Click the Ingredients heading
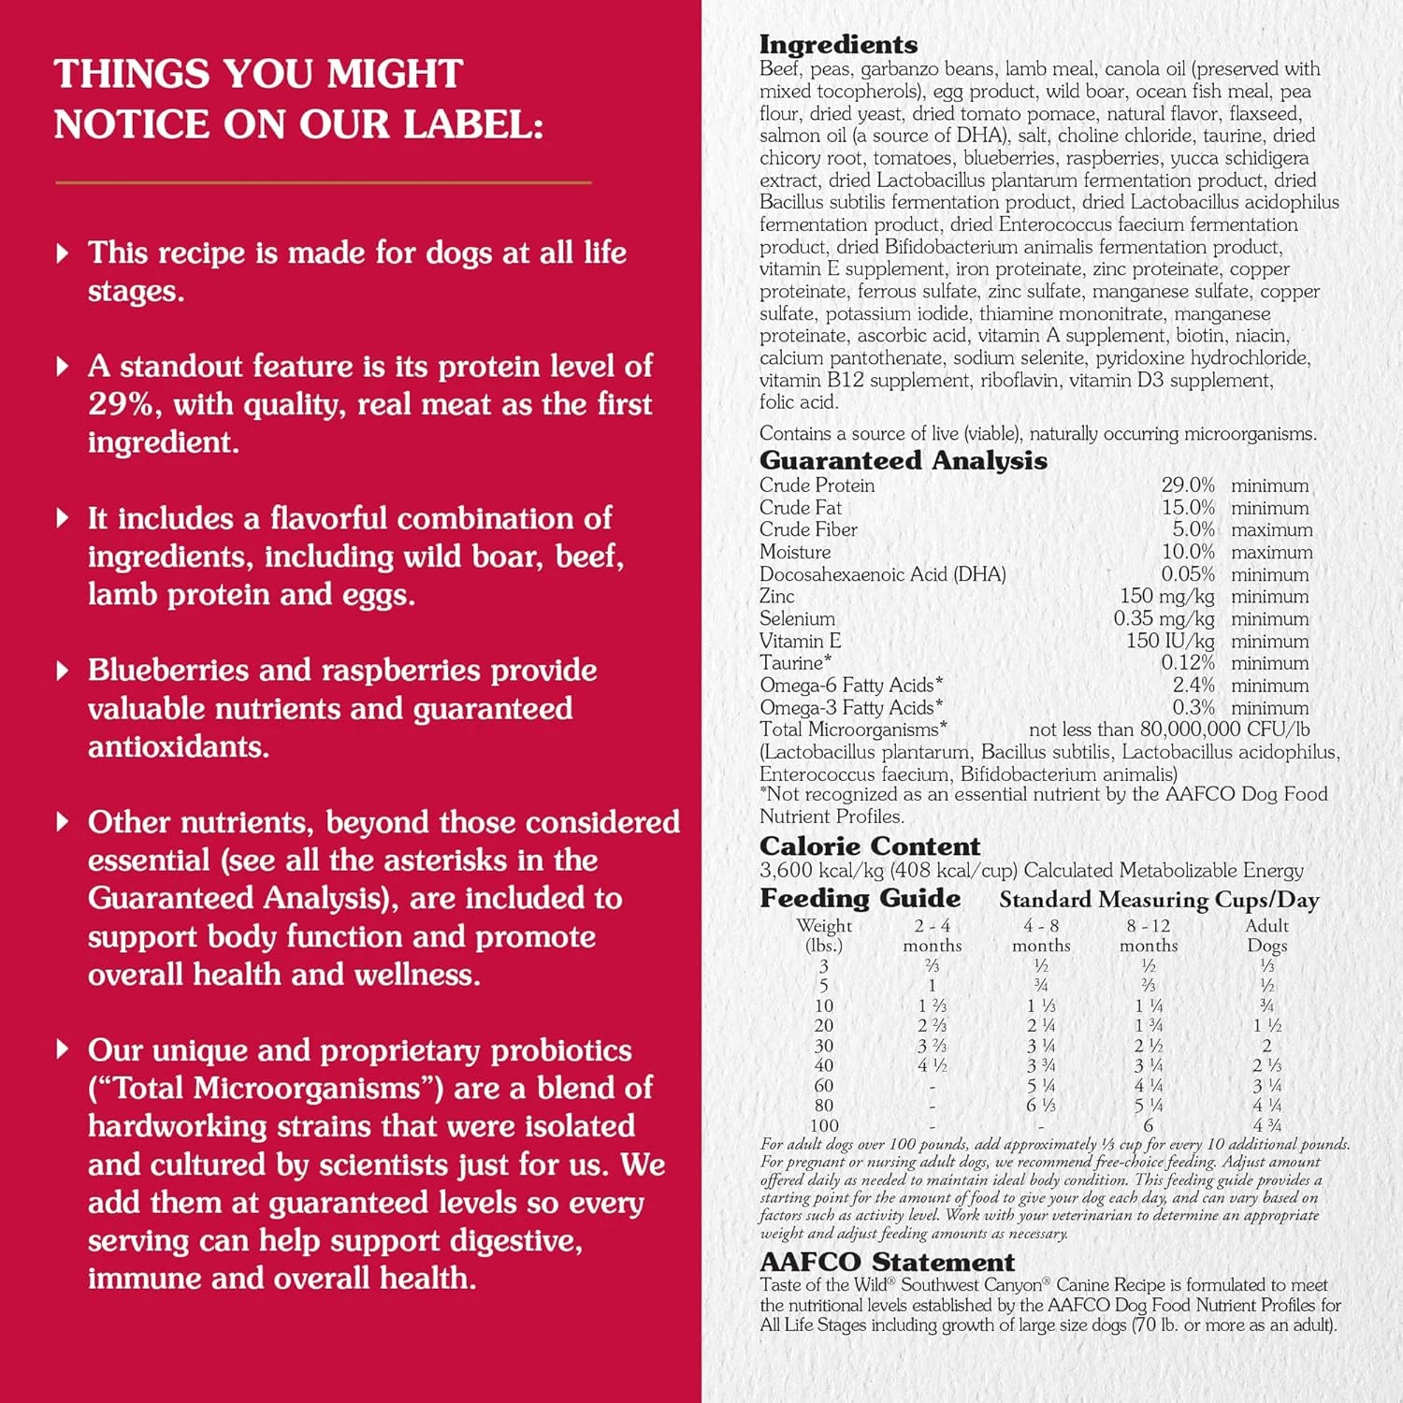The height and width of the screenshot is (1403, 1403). [x=838, y=44]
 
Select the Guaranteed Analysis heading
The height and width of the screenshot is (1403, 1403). [x=903, y=460]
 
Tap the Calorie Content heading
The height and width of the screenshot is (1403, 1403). [x=869, y=846]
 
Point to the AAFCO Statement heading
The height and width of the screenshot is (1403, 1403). [x=887, y=1262]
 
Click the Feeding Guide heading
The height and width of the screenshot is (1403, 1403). [x=860, y=898]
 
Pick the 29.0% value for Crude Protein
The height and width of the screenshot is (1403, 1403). [x=1188, y=485]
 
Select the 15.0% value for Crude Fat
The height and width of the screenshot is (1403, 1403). [x=1188, y=508]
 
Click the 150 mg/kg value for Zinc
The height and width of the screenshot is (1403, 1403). [x=1166, y=597]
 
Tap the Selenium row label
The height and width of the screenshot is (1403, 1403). [x=797, y=619]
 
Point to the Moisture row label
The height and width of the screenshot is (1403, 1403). [x=795, y=552]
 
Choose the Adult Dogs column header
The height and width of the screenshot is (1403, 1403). [x=1266, y=934]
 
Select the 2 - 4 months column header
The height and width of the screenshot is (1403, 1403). [x=932, y=934]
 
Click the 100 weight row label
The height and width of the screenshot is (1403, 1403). [x=824, y=1125]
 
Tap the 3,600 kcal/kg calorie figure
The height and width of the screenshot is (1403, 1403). [x=819, y=871]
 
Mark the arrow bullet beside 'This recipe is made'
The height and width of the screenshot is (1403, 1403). [x=63, y=253]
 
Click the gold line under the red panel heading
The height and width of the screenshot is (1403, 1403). [x=323, y=182]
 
